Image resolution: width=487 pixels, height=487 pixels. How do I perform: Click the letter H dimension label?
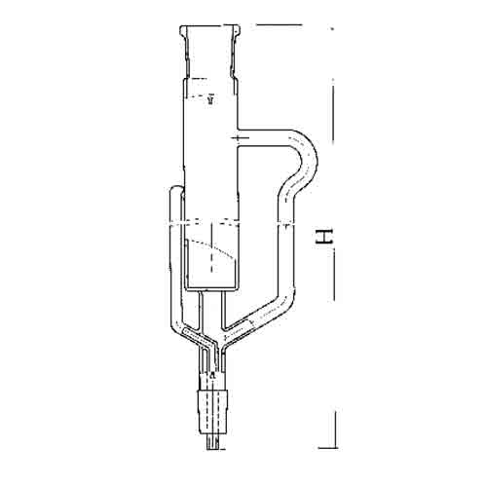324,236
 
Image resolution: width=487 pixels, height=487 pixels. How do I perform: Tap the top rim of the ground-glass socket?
210,26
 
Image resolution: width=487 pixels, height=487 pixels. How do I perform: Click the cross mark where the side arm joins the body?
239,138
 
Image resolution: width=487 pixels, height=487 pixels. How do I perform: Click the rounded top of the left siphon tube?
176,188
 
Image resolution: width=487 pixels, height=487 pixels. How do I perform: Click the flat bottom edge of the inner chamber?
212,288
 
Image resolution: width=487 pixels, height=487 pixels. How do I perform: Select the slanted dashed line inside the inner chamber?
211,247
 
